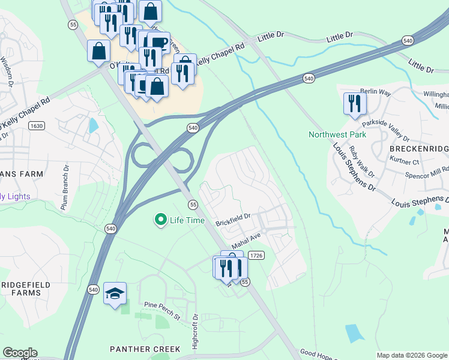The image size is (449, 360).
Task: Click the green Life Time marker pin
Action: pyautogui.click(x=160, y=220)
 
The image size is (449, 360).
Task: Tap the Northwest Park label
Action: pyautogui.click(x=337, y=134)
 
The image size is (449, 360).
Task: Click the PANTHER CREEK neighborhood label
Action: pyautogui.click(x=145, y=349)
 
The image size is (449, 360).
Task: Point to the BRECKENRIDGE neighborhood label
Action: pyautogui.click(x=419, y=148)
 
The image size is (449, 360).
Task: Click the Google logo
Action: pyautogui.click(x=20, y=353)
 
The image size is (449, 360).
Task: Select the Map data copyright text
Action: pyautogui.click(x=412, y=355)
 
